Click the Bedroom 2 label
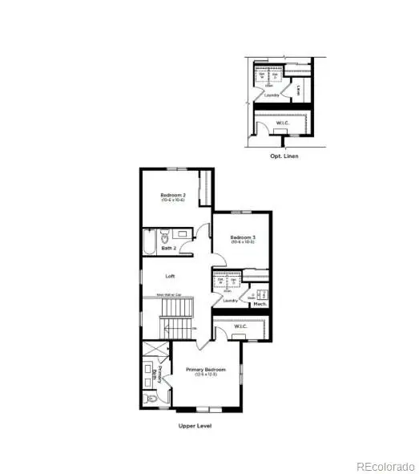pyautogui.click(x=172, y=196)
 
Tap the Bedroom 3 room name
pyautogui.click(x=242, y=237)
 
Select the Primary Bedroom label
pyautogui.click(x=202, y=370)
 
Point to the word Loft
pyautogui.click(x=170, y=276)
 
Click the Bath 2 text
pyautogui.click(x=169, y=249)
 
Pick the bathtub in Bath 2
pyautogui.click(x=151, y=238)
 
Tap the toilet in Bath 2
pyautogui.click(x=165, y=237)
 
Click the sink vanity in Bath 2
pyautogui.click(x=183, y=235)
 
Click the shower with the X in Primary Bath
pyautogui.click(x=151, y=350)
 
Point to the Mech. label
pyautogui.click(x=260, y=304)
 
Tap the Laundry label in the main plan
pyautogui.click(x=232, y=301)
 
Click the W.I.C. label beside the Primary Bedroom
pyautogui.click(x=241, y=327)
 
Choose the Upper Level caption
pyautogui.click(x=194, y=427)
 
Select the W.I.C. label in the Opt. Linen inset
pyautogui.click(x=280, y=123)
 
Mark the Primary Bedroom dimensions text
pyautogui.click(x=202, y=375)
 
